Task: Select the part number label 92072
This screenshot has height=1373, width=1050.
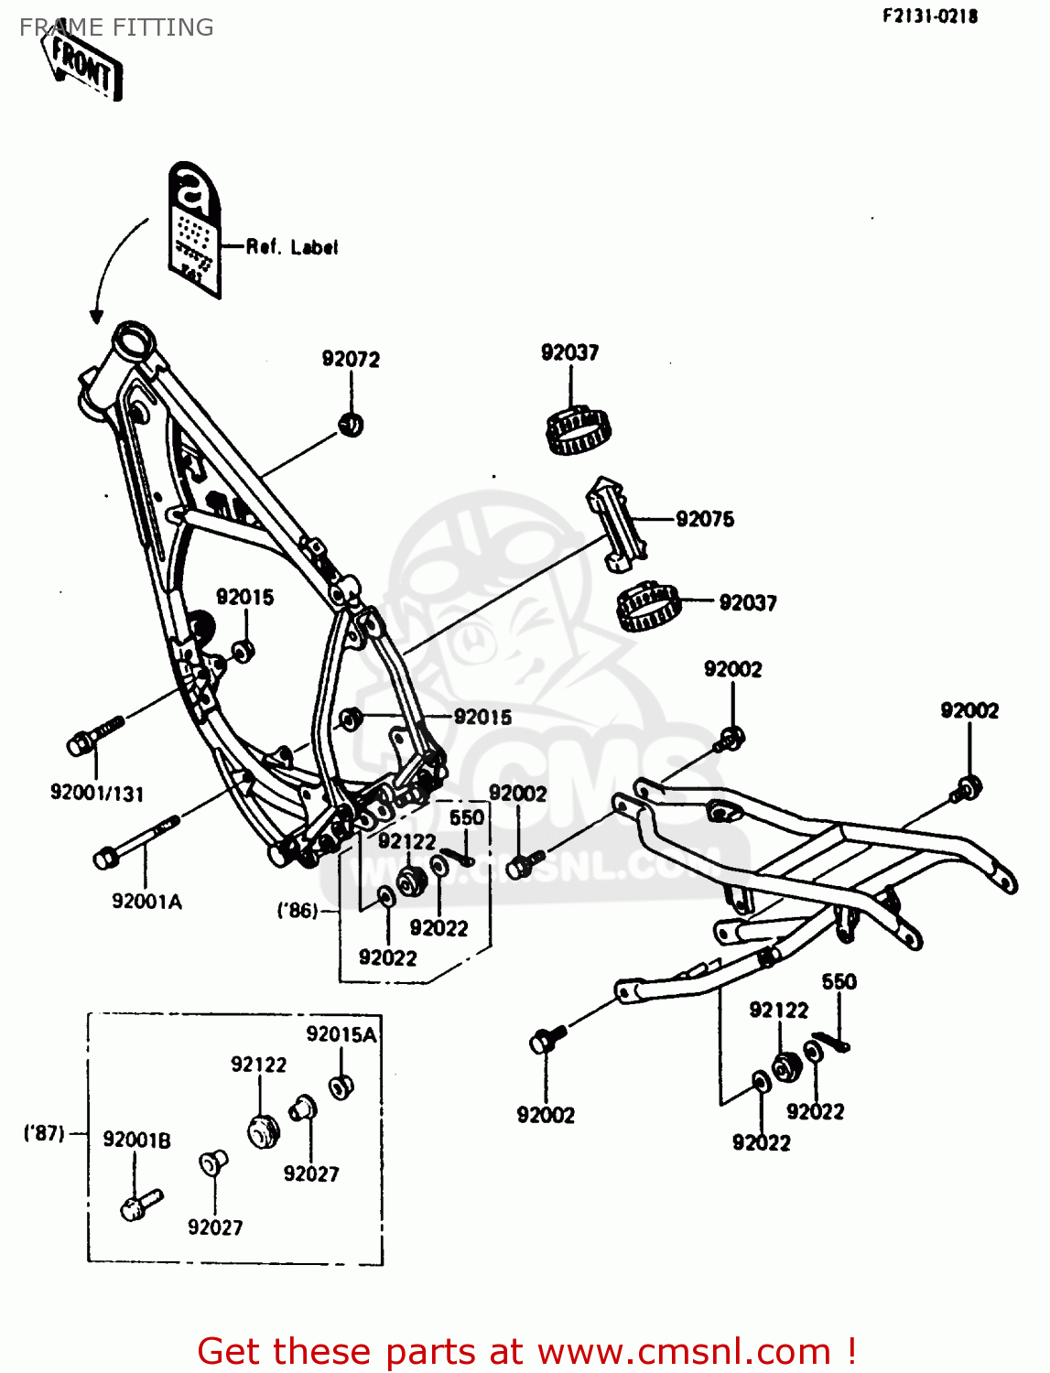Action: tap(351, 359)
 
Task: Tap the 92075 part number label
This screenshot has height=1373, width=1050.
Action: tap(705, 519)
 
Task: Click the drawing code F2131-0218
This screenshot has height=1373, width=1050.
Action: tap(930, 16)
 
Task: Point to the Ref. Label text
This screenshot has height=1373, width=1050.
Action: tap(292, 247)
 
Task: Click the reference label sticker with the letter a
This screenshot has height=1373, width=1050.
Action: tap(195, 229)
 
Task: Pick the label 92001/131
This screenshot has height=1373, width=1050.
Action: tap(97, 794)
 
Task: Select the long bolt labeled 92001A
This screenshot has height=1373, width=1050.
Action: tap(137, 839)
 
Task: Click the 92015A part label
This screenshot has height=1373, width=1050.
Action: tap(341, 1034)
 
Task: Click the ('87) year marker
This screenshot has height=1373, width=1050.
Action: tap(44, 1133)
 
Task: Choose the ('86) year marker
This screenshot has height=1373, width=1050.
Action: tap(298, 911)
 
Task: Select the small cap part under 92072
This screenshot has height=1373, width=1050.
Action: tap(352, 425)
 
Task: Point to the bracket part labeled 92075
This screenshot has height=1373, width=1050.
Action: tap(615, 522)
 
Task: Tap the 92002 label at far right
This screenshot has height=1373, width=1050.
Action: tap(969, 711)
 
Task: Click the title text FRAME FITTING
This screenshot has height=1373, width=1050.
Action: tap(116, 27)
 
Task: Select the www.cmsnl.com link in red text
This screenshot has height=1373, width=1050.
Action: tap(683, 1351)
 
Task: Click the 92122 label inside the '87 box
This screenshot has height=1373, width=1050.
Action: tap(258, 1065)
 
